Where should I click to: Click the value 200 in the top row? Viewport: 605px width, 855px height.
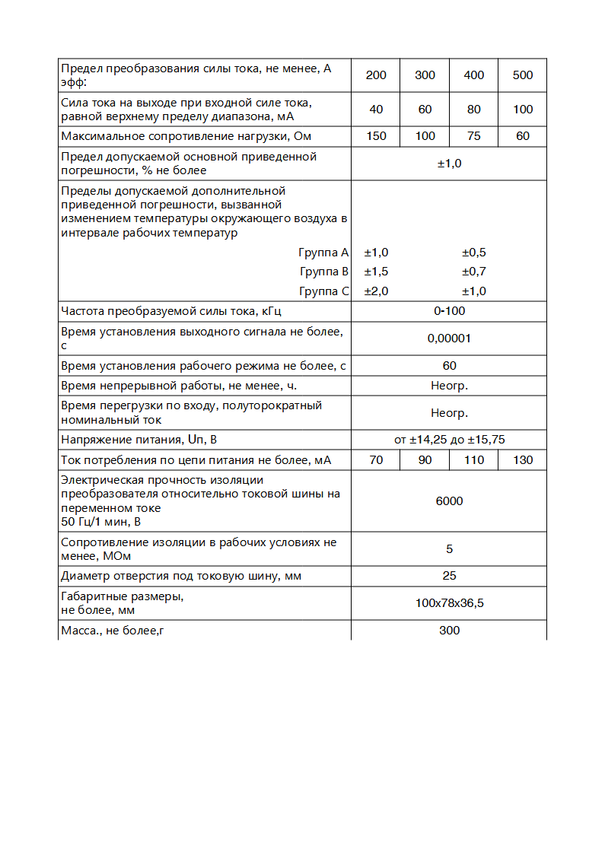click(x=376, y=75)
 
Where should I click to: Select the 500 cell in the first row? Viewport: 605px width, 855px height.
click(x=523, y=75)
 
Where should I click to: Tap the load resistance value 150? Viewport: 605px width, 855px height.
click(x=376, y=136)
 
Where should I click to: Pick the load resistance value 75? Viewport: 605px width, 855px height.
click(x=473, y=136)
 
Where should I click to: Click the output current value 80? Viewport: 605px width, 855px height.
click(x=473, y=110)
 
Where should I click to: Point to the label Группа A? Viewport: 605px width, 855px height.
click(x=323, y=253)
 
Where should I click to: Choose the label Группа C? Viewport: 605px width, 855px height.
click(x=323, y=291)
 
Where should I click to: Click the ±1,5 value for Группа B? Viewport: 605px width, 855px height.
click(x=376, y=272)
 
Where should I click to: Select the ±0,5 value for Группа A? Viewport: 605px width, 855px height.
click(x=473, y=253)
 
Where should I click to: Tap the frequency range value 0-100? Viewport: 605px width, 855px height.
click(x=449, y=311)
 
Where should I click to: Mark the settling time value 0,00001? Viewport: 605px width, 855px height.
click(x=449, y=339)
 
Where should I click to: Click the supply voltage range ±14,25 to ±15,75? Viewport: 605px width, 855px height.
click(x=449, y=440)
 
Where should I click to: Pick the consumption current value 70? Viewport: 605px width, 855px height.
click(x=376, y=460)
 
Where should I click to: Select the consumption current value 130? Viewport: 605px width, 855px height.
click(x=523, y=460)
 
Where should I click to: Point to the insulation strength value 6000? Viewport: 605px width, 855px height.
click(x=449, y=501)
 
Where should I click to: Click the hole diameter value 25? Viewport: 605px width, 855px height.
click(x=449, y=577)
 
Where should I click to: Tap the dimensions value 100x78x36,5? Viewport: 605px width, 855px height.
click(x=449, y=603)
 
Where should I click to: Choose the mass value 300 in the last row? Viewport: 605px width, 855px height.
click(x=449, y=631)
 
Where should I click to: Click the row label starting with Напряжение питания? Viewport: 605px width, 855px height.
click(x=145, y=440)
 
